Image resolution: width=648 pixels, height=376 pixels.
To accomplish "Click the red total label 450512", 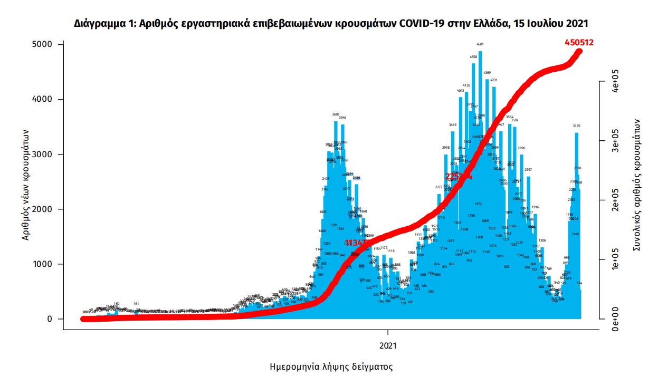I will (579, 42).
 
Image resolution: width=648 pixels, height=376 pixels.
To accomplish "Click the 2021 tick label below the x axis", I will (388, 346).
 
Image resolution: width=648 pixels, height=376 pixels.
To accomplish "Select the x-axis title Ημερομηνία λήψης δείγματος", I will (331, 366).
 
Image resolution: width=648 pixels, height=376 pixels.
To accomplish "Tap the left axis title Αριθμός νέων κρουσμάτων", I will (26, 185).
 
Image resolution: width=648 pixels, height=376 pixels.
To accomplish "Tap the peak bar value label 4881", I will (480, 44).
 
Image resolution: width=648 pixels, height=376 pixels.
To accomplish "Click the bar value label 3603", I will (336, 114).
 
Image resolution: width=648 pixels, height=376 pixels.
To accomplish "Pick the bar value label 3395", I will (576, 126).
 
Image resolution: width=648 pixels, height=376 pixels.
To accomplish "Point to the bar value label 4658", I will (473, 57).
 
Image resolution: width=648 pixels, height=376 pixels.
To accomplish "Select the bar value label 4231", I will (494, 80).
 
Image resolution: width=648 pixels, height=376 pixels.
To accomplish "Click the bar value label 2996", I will (521, 148).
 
